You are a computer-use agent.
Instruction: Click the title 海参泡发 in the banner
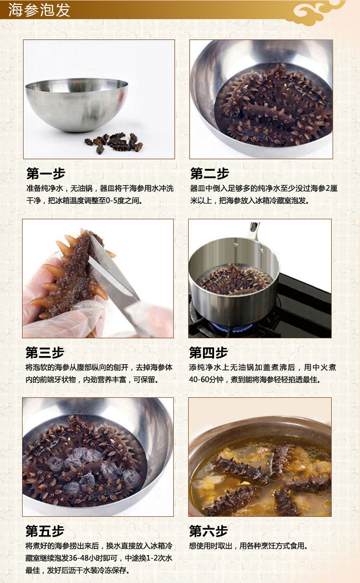(39, 10)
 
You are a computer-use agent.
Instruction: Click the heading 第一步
(46, 174)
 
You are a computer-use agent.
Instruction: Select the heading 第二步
(210, 174)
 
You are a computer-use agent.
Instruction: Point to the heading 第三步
(45, 353)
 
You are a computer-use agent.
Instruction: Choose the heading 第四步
(208, 353)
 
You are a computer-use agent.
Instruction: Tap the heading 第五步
(45, 531)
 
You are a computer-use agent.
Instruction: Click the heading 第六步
(208, 531)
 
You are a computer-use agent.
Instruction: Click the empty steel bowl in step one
(77, 105)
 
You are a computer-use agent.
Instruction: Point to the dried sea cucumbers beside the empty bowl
(114, 143)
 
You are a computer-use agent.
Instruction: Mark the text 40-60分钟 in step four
(206, 380)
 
